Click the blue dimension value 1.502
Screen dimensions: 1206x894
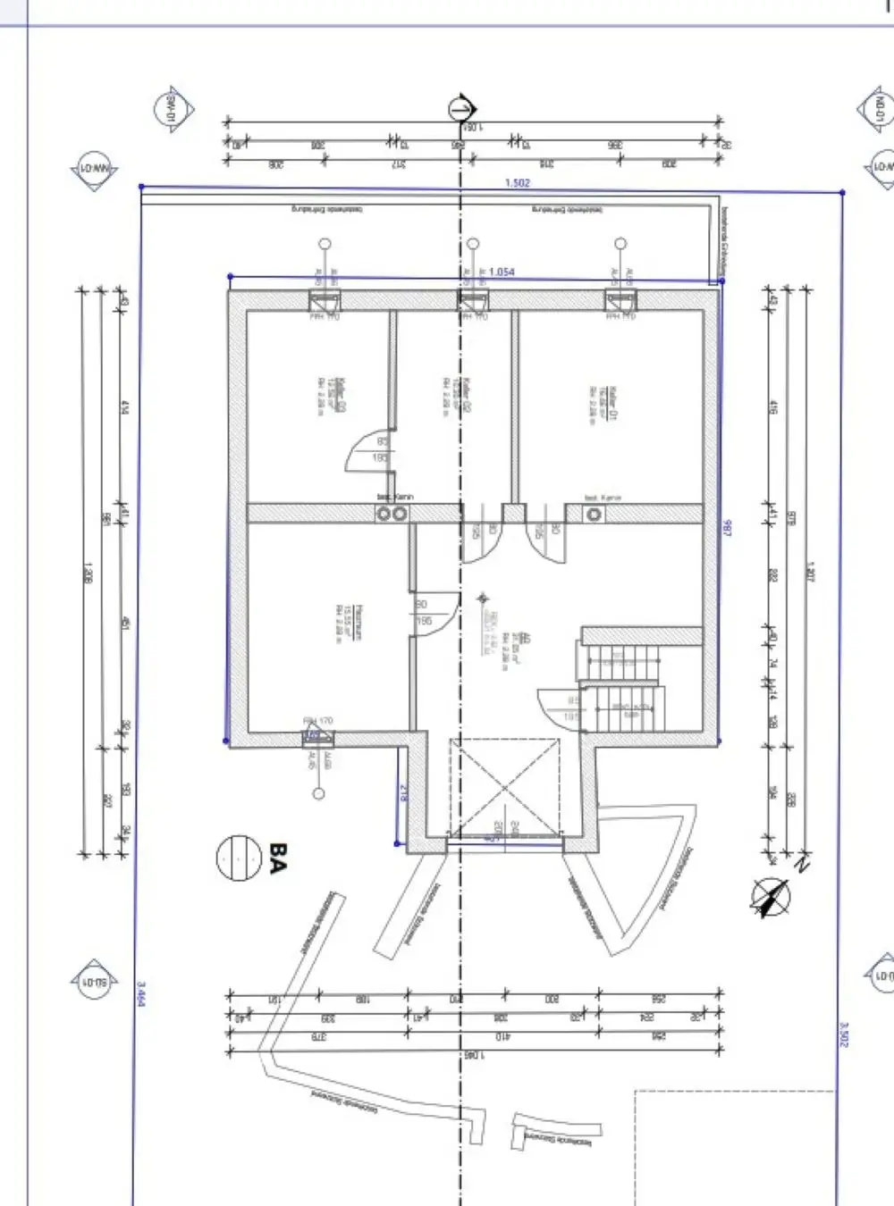(518, 182)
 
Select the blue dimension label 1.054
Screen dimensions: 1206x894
(502, 272)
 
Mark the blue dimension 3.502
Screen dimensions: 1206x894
(843, 1034)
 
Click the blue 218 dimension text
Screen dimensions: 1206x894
(403, 791)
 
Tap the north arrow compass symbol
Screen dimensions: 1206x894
(770, 895)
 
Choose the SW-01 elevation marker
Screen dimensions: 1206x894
(169, 110)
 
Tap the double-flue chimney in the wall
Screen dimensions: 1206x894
(391, 513)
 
